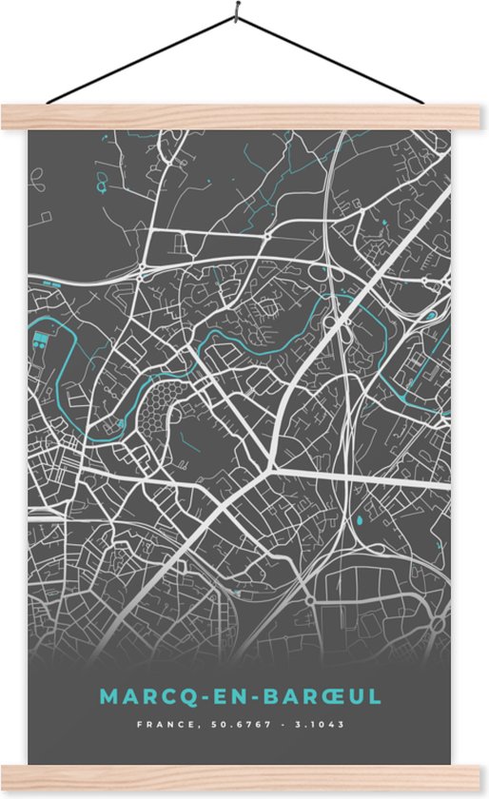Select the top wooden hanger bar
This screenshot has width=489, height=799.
coord(244,117)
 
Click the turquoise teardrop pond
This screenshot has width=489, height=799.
coord(360,521)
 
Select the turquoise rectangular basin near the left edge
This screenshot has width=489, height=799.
coord(40,341)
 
